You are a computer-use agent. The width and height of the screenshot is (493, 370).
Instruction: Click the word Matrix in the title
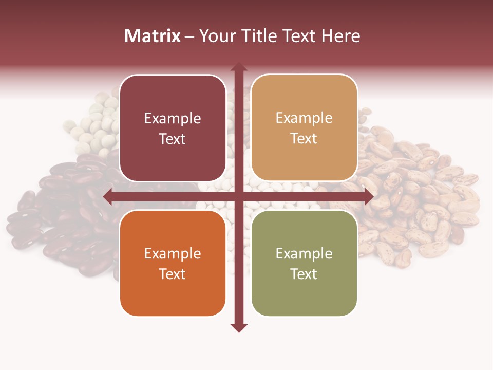(153, 36)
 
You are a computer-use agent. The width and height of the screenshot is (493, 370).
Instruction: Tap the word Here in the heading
(341, 36)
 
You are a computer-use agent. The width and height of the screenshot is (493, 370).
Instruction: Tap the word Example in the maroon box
(173, 119)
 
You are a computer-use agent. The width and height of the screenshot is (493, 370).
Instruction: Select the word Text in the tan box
(304, 139)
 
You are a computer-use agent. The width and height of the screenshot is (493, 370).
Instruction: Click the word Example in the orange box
(173, 254)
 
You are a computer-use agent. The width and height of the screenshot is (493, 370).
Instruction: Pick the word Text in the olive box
(304, 274)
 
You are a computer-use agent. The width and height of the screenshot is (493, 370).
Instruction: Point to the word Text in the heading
(298, 36)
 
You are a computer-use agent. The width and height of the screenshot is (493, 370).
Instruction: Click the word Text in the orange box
(173, 274)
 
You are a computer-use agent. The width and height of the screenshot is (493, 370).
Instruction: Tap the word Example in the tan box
(304, 119)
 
